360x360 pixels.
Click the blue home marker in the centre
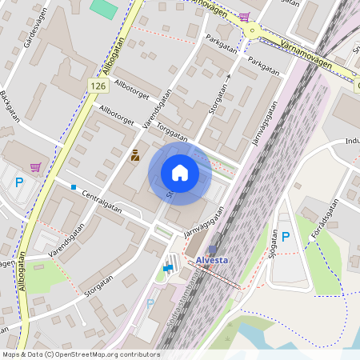[x=180, y=173]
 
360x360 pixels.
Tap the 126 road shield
[x=98, y=86]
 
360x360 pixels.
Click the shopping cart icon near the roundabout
[x=242, y=17]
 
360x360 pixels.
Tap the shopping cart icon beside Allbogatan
[x=35, y=167]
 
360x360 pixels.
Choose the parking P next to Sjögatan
[x=286, y=238]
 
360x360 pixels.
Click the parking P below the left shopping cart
[x=18, y=182]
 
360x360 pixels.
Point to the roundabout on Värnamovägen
[x=254, y=30]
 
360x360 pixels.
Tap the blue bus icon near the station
[x=168, y=268]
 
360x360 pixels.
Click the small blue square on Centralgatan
[x=74, y=187]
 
